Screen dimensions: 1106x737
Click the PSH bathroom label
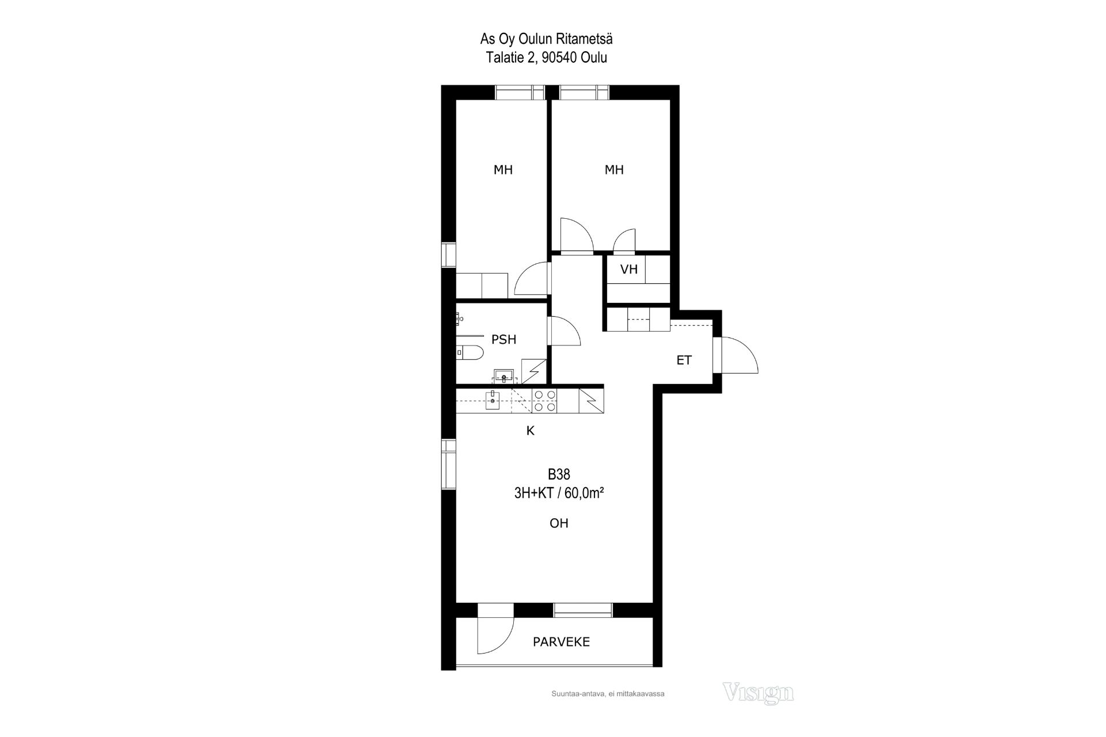coord(503,340)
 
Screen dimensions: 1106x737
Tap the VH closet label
coord(629,269)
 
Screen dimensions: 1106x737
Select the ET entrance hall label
coord(684,360)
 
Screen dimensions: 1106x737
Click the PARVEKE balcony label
coord(561,642)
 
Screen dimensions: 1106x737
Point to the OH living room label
coord(559,523)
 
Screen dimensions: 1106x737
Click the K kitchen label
coord(531,431)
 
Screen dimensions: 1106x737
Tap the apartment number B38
coord(559,474)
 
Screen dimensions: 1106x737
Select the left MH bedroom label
coord(503,170)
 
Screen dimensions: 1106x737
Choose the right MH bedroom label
coord(614,170)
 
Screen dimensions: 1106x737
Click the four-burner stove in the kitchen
coord(544,401)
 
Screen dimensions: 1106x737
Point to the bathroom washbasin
coord(504,377)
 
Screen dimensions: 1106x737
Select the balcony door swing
coord(495,636)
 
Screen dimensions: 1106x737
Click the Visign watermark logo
coord(758,692)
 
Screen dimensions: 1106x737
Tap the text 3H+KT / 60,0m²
coord(559,493)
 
